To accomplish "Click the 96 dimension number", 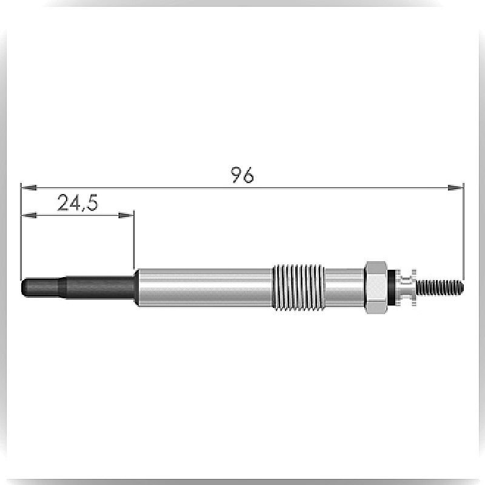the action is click(243, 175).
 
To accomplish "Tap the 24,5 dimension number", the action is click(78, 203).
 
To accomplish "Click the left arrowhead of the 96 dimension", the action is click(28, 187).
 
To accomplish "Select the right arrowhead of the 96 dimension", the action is click(456, 187).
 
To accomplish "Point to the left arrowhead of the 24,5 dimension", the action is click(28, 215).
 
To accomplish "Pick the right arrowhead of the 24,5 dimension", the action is click(126, 215).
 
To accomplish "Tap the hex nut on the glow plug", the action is click(376, 287).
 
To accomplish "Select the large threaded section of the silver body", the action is click(298, 287).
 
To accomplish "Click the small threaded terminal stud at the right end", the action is click(440, 287).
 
